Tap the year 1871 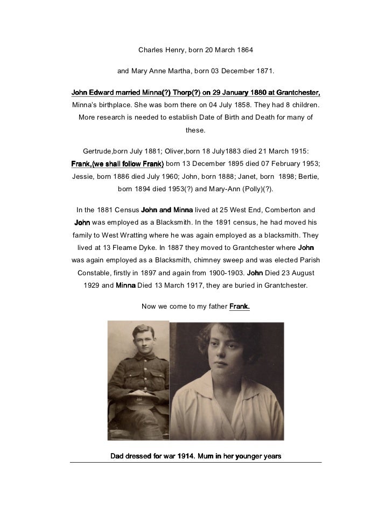tap(262, 71)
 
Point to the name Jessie tap(82, 175)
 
